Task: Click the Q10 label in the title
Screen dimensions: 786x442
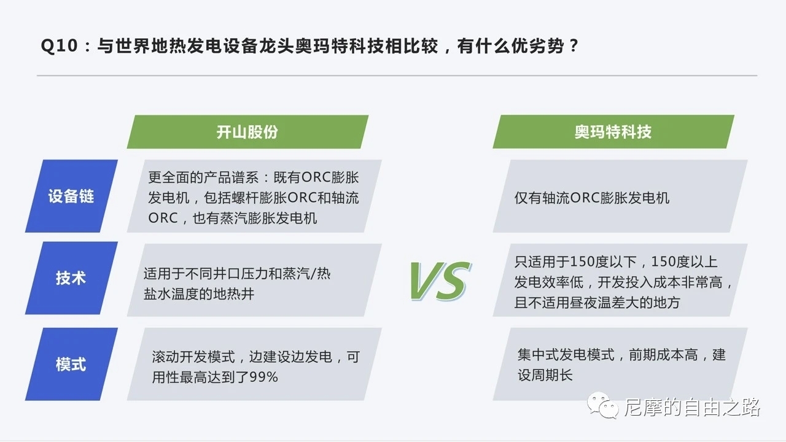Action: (59, 46)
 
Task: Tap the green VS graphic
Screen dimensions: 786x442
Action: (440, 281)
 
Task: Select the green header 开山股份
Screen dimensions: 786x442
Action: (247, 132)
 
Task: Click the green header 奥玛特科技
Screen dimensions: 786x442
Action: (613, 132)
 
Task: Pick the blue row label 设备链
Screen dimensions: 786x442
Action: (71, 196)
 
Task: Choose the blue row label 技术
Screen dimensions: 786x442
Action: (71, 278)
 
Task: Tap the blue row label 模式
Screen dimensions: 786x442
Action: (71, 364)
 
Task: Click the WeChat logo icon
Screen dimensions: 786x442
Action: (603, 405)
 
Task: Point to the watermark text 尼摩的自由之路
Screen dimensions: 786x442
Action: (692, 407)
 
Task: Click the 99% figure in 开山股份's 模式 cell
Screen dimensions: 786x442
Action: (263, 377)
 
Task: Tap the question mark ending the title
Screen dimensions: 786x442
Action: (574, 46)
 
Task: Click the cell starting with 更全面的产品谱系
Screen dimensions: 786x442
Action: (254, 196)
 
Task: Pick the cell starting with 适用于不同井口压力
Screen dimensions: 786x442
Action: (254, 280)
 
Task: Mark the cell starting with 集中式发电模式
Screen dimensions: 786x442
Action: (620, 364)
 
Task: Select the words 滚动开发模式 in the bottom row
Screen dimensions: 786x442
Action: (193, 357)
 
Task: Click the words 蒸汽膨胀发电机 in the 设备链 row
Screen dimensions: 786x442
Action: (268, 218)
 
